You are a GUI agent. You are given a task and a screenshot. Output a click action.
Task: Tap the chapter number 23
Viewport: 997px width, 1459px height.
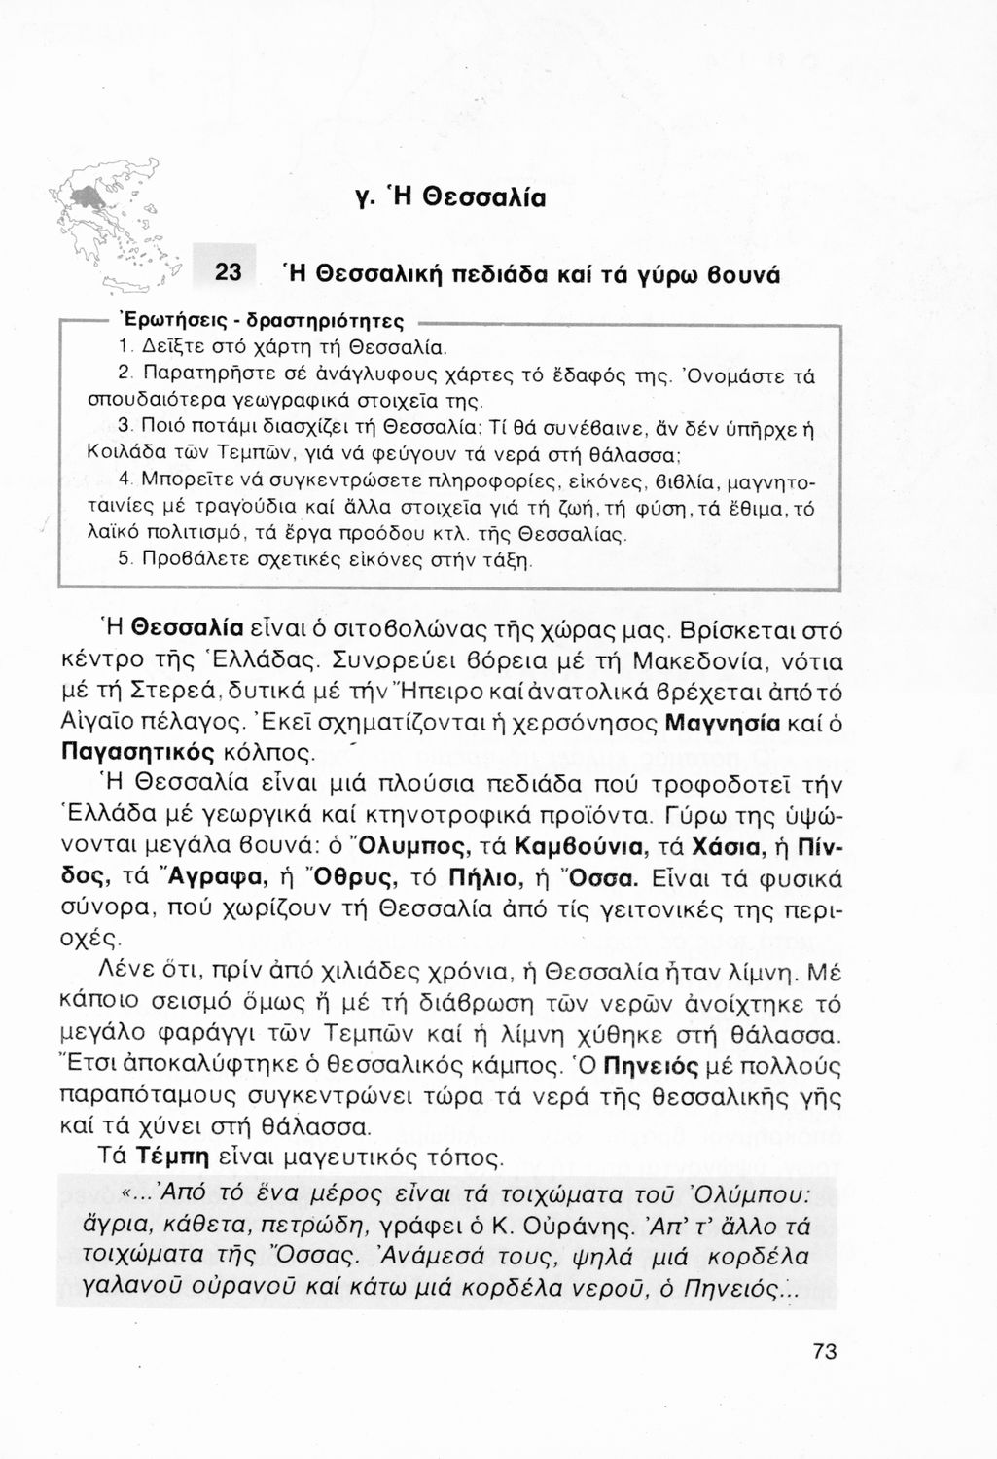230,271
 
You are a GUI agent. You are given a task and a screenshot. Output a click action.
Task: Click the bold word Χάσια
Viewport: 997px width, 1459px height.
723,843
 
